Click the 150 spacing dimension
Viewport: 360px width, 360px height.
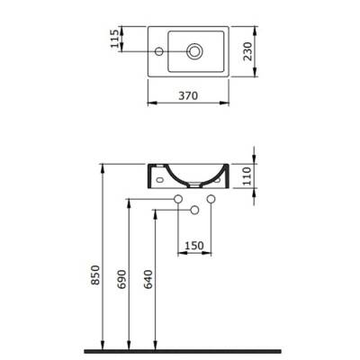(x=193, y=244)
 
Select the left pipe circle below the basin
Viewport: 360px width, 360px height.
(x=178, y=198)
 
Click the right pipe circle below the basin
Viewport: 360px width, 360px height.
(x=211, y=198)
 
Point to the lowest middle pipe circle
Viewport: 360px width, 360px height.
(x=194, y=211)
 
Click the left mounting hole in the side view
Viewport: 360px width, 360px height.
(x=160, y=178)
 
